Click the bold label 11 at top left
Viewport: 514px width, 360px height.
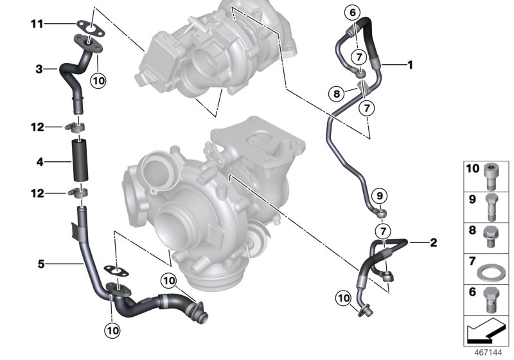tap(37, 24)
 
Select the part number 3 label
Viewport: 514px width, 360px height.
tap(39, 69)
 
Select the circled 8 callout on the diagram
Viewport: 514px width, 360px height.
tap(335, 94)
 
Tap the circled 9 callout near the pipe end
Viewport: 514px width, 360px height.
tap(378, 195)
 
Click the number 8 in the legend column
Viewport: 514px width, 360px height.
tap(471, 230)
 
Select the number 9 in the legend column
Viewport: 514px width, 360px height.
tap(471, 199)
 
